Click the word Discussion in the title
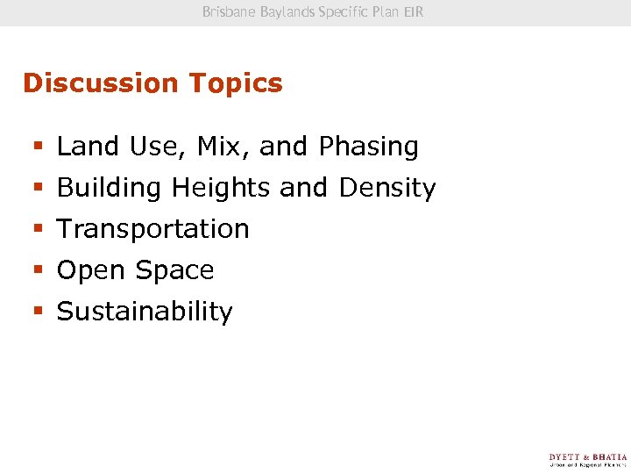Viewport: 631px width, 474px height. (90, 83)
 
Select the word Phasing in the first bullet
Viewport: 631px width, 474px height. (369, 147)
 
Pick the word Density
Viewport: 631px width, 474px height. (387, 188)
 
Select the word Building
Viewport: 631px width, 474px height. (110, 188)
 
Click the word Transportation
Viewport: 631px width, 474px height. (153, 229)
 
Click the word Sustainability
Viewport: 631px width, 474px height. (145, 312)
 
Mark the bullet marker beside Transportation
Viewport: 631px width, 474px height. (37, 230)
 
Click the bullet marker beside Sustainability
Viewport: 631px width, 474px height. (37, 312)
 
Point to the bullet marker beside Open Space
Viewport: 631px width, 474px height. (37, 271)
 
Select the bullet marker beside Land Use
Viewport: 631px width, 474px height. (37, 147)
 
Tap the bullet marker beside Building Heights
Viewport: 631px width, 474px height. (37, 189)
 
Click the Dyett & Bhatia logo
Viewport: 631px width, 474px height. (588, 461)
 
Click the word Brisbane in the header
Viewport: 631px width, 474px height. (230, 12)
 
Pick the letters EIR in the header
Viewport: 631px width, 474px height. (414, 12)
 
